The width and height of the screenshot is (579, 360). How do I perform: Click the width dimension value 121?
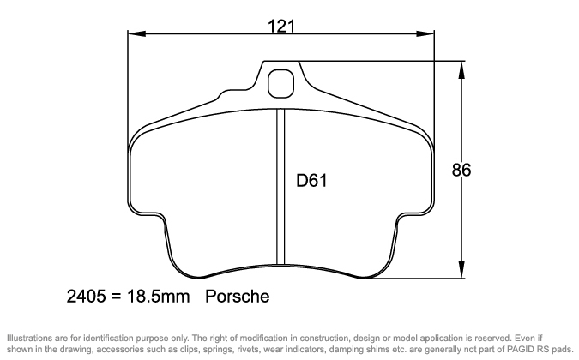[x=280, y=26]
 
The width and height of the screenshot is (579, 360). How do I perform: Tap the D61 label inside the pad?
[x=309, y=181]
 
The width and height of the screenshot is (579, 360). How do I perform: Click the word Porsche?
[x=238, y=297]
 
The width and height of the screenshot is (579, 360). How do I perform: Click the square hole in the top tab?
[x=280, y=83]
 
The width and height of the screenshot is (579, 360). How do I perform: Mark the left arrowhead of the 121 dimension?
[x=133, y=35]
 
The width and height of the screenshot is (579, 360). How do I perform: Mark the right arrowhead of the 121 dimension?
[x=425, y=35]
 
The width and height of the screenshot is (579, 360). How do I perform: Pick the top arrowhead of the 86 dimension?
[x=463, y=68]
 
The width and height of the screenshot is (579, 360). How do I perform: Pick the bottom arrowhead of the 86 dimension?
[x=463, y=273]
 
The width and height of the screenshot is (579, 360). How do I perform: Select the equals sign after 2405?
[x=115, y=297]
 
